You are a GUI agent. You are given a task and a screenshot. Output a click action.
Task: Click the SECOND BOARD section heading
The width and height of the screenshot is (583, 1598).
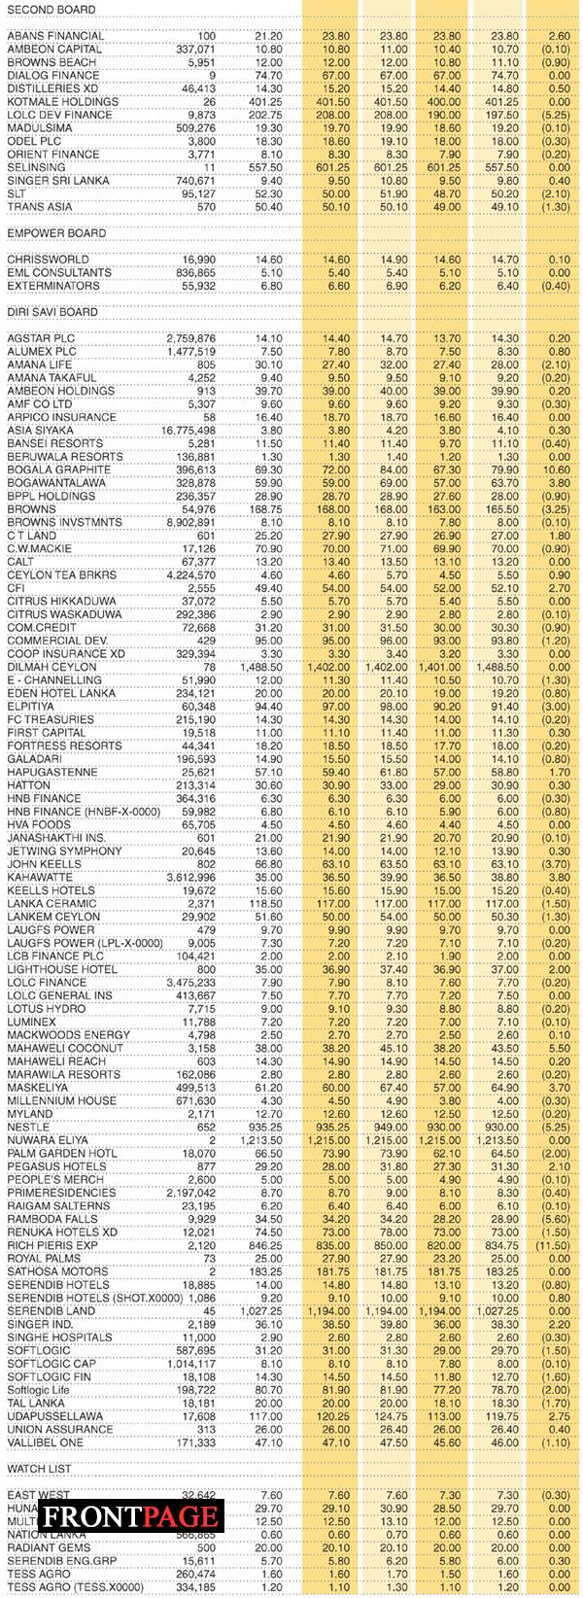[x=51, y=10]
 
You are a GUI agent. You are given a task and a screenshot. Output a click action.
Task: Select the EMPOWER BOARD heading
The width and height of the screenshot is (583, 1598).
[x=56, y=233]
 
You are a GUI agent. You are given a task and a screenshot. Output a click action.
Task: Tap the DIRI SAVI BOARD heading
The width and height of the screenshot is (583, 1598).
[x=52, y=312]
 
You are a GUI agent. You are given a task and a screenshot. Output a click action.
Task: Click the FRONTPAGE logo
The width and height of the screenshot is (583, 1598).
[x=129, y=1516]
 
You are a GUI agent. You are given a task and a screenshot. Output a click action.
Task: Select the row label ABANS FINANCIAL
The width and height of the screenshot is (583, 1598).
[x=55, y=36]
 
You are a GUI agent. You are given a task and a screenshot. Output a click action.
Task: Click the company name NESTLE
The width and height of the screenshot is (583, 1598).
[x=28, y=1127]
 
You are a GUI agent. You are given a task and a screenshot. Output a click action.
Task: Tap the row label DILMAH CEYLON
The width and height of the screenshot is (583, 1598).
[x=52, y=667]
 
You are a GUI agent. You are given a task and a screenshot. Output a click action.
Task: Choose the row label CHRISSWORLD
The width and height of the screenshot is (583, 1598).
[x=47, y=260]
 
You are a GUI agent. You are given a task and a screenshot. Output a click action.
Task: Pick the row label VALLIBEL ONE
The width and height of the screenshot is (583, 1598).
[x=46, y=1442]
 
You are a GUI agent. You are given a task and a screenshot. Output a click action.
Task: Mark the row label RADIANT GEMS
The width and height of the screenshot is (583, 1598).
[x=49, y=1547]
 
